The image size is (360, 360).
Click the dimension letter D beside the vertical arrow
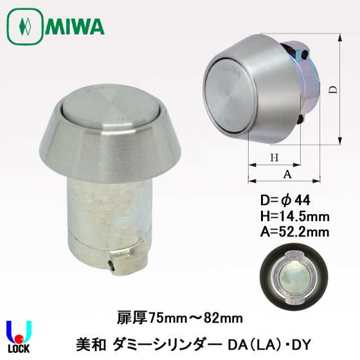click(x=332, y=92)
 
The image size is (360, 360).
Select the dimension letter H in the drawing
click(x=273, y=158)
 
